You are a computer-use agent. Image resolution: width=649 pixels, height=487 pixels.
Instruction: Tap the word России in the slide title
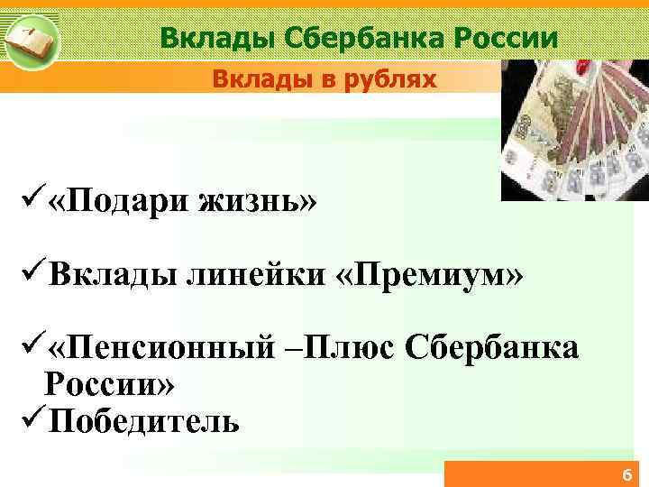click(506, 37)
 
